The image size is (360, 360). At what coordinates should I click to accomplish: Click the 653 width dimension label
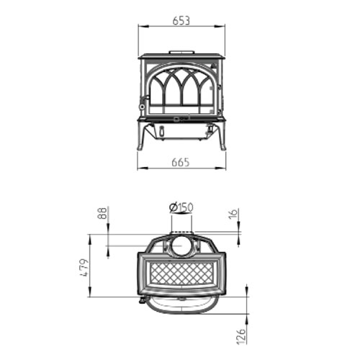pyautogui.click(x=181, y=21)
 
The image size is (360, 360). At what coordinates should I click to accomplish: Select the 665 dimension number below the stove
pyautogui.click(x=181, y=162)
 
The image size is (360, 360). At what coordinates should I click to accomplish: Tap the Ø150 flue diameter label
pyautogui.click(x=181, y=208)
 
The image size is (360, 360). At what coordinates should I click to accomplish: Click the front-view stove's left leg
pyautogui.click(x=141, y=136)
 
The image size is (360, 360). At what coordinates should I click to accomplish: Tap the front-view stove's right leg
pyautogui.click(x=222, y=136)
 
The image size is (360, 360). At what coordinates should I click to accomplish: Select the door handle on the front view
pyautogui.click(x=143, y=108)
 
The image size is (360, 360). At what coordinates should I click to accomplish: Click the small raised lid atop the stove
pyautogui.click(x=181, y=52)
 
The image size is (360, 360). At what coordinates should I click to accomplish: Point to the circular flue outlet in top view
pyautogui.click(x=181, y=247)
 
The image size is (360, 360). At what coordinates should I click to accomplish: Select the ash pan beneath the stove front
pyautogui.click(x=181, y=131)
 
